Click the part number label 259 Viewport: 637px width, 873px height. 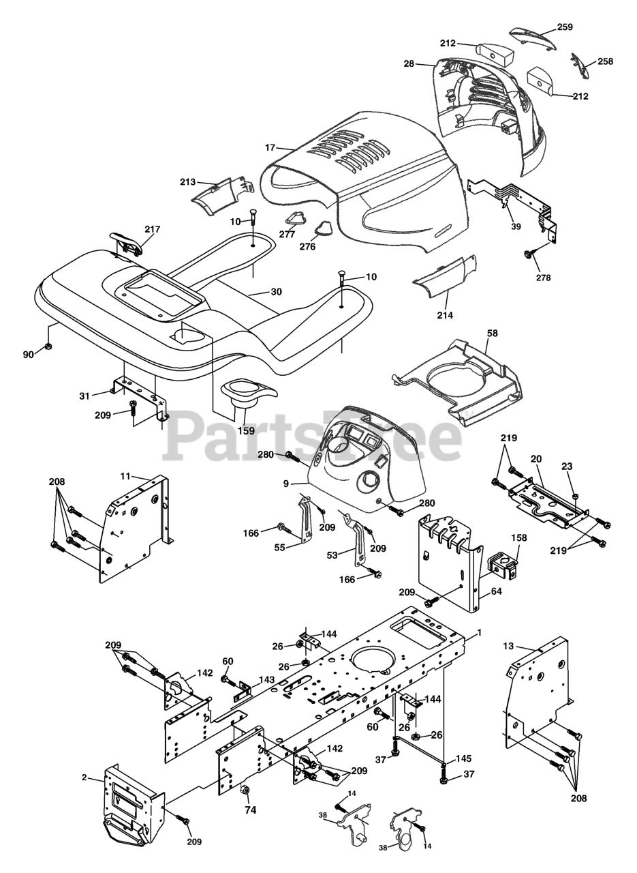pos(564,27)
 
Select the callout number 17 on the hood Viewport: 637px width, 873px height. pos(270,147)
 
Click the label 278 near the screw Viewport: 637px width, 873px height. pos(543,278)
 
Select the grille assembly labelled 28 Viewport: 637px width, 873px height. pos(484,102)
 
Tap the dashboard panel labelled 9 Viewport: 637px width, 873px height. pos(361,471)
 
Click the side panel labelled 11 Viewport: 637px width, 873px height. pos(136,529)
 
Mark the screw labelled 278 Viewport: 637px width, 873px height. pos(528,255)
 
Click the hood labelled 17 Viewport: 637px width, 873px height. pos(368,177)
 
